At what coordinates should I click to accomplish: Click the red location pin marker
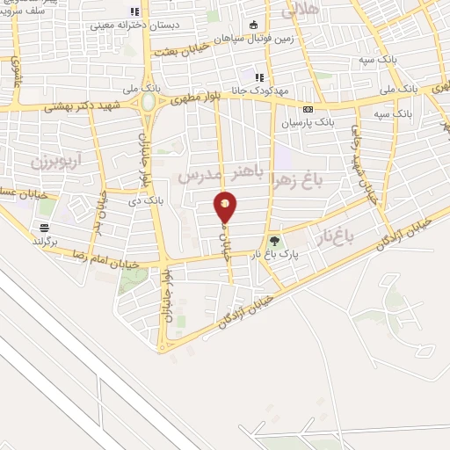pos(226,207)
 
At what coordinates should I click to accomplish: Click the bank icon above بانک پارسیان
pos(308,109)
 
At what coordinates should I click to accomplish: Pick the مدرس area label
pos(195,177)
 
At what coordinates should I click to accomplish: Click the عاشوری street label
pos(15,74)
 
